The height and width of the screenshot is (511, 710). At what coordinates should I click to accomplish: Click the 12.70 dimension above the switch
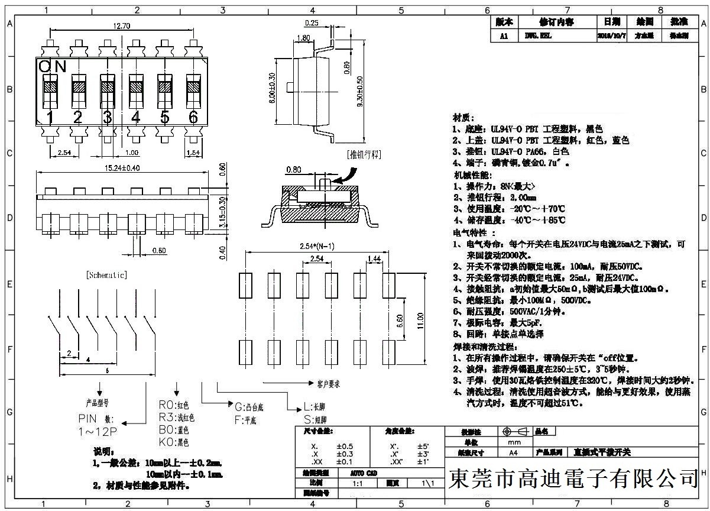(120, 26)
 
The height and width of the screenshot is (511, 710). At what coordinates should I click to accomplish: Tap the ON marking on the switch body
(53, 66)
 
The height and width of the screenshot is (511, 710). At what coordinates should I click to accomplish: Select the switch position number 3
(107, 117)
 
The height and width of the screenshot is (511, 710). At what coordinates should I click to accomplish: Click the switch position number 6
(193, 117)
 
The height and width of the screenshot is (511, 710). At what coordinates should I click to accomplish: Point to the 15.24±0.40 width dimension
(122, 169)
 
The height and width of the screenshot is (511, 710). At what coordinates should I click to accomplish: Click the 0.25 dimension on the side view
(312, 23)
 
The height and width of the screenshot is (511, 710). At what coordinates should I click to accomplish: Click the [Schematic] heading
(106, 275)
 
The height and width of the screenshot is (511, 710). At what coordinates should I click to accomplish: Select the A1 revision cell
(504, 36)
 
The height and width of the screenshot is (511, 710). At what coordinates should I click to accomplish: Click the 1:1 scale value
(357, 483)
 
